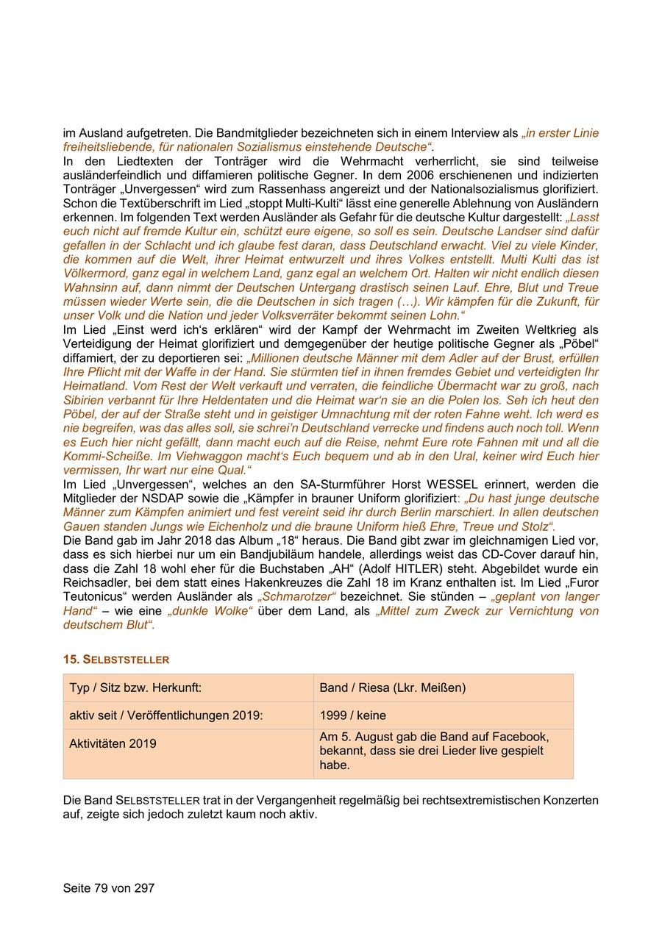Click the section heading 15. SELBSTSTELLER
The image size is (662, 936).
pos(116,660)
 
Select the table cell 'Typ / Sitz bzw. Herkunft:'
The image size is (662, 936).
pos(135,687)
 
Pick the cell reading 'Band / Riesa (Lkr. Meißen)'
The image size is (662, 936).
pos(393,687)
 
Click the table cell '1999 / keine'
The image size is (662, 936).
pos(353,715)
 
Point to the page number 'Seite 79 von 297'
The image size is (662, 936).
pos(109,887)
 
